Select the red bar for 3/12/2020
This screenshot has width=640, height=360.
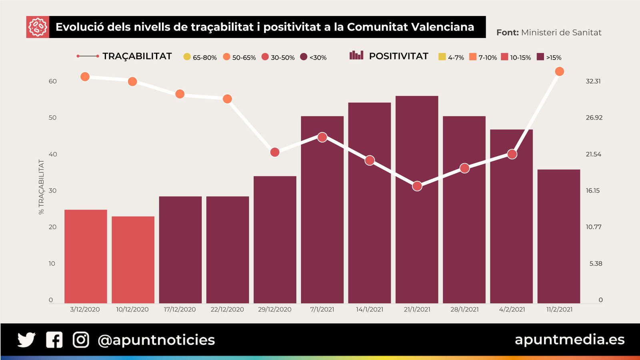pyautogui.click(x=86, y=256)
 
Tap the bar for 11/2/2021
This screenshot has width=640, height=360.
pyautogui.click(x=559, y=236)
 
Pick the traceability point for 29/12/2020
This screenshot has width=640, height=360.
pyautogui.click(x=275, y=152)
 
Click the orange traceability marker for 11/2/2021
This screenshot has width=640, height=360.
pyautogui.click(x=560, y=72)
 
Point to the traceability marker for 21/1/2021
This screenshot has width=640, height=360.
pyautogui.click(x=417, y=186)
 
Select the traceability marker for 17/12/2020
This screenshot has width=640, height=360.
pyautogui.click(x=180, y=94)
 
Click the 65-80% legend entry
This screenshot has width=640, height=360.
pyautogui.click(x=200, y=57)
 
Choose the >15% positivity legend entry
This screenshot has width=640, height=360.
pyautogui.click(x=549, y=57)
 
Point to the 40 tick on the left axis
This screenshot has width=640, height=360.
pyautogui.click(x=52, y=154)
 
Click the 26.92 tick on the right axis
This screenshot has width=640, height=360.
pyautogui.click(x=594, y=118)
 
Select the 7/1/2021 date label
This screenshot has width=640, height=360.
pyautogui.click(x=322, y=309)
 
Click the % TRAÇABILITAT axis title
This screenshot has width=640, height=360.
pyautogui.click(x=41, y=187)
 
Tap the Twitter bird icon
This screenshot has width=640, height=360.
pyautogui.click(x=26, y=340)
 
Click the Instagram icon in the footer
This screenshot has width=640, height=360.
pyautogui.click(x=81, y=340)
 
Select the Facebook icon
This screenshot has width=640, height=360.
pyautogui.click(x=54, y=340)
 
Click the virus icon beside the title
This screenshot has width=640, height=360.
pyautogui.click(x=38, y=27)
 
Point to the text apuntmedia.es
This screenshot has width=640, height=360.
pyautogui.click(x=570, y=339)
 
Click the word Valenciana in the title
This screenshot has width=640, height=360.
pyautogui.click(x=442, y=27)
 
